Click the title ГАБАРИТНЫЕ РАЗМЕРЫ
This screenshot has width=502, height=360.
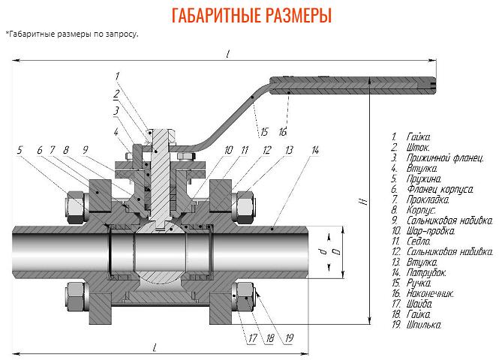(251, 16)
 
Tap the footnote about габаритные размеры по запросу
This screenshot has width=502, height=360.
(72, 34)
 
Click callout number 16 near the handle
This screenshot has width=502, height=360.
(283, 132)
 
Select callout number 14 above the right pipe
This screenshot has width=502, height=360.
(315, 150)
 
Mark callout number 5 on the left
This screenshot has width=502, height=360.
(20, 150)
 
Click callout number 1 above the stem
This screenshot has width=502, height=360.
(118, 76)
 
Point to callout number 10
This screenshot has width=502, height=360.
(228, 150)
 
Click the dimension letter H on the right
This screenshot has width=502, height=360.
(360, 202)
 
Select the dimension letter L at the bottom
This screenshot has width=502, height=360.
(155, 346)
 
